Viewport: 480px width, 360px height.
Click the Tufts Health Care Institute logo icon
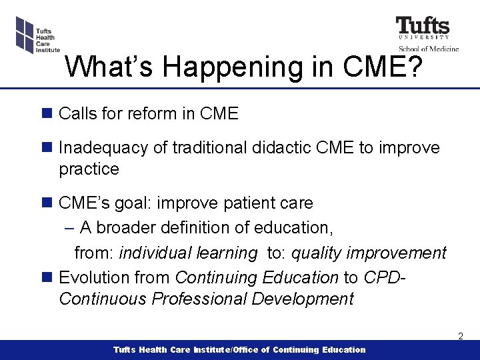pos(24,34)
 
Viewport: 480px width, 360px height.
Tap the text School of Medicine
pos(429,48)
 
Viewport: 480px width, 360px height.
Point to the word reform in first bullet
pos(151,114)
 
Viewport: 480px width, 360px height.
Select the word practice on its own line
pos(89,169)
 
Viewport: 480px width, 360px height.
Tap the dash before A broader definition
pos(70,228)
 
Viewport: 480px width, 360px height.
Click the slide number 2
pos(460,337)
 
